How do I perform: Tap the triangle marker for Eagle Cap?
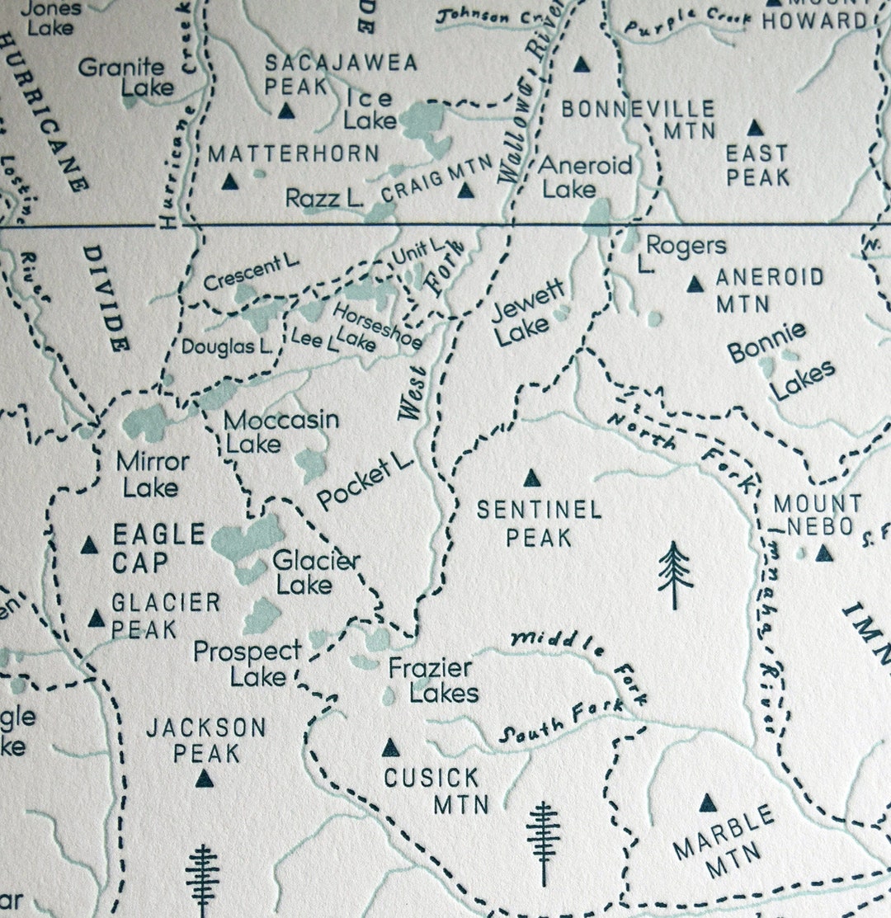click(89, 545)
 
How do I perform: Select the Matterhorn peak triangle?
click(230, 181)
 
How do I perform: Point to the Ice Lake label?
click(370, 108)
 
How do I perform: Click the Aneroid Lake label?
click(586, 177)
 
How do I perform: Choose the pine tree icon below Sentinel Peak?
click(675, 575)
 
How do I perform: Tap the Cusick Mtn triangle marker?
click(390, 748)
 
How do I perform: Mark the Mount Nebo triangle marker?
click(824, 553)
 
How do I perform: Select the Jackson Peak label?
click(205, 740)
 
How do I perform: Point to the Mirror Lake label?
click(153, 473)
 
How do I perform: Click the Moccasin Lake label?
click(280, 431)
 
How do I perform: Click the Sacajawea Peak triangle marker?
click(286, 111)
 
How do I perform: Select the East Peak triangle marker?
click(754, 128)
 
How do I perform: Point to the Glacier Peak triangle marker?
click(97, 619)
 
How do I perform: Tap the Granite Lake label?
click(126, 77)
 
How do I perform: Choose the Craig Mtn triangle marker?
click(466, 191)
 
